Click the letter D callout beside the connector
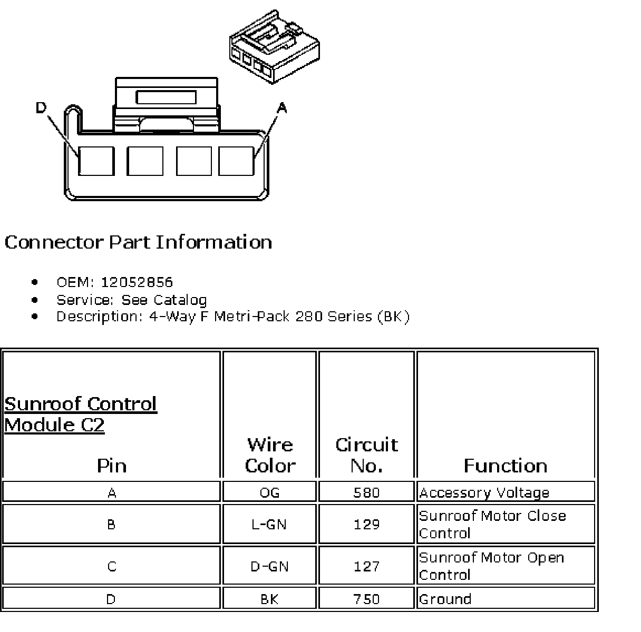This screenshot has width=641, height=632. coord(41,108)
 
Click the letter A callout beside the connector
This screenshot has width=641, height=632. coord(282,108)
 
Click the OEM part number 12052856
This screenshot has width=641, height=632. coord(137,282)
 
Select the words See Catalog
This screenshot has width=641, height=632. coord(164,300)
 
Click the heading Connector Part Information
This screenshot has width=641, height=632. coord(138,242)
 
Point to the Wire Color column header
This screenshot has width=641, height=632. coord(270,455)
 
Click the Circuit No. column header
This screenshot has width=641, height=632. coord(366,455)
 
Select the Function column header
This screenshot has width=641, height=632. coord(505,466)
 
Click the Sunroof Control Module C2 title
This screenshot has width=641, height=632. coord(81,414)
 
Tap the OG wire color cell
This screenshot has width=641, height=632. coord(269,492)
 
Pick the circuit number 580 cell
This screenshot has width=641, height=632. coord(366,492)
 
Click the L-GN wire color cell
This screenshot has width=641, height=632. coord(269,524)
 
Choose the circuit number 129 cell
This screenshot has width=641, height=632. coord(366,524)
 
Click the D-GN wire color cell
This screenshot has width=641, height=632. coord(269,566)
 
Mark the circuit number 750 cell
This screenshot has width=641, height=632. coord(366,599)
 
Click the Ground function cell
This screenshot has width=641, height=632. coord(445,599)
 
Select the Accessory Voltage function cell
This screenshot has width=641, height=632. coord(484,492)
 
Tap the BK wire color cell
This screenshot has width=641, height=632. coord(269,599)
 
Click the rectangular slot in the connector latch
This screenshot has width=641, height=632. coord(166,97)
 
